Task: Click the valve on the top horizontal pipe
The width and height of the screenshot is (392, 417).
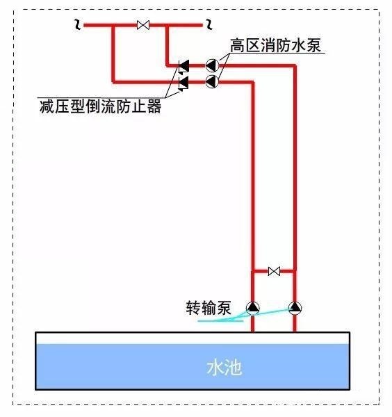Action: click(143, 25)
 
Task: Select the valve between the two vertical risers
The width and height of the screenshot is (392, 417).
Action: click(274, 271)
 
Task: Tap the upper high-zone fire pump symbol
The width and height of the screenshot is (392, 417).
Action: click(212, 65)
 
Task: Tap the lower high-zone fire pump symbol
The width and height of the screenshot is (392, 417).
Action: click(212, 81)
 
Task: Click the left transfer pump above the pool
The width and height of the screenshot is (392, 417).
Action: click(253, 308)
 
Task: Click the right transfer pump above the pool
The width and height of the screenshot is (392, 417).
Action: click(295, 308)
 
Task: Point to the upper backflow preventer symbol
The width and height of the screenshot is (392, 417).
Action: click(183, 67)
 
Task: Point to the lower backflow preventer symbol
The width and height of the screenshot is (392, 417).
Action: click(183, 83)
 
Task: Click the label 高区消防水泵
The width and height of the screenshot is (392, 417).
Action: click(275, 45)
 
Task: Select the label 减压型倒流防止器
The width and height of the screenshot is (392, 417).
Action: click(101, 106)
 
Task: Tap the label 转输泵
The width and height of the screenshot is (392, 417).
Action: click(209, 308)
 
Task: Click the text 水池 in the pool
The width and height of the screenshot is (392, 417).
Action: click(224, 368)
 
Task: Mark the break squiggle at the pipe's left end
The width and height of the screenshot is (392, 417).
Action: click(78, 24)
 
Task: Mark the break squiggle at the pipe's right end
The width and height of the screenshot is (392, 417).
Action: click(209, 24)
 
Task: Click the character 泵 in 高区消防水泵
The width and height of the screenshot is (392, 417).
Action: click(313, 45)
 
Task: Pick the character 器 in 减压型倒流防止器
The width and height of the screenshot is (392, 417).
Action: click(154, 106)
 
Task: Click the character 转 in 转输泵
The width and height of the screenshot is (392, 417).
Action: click(193, 308)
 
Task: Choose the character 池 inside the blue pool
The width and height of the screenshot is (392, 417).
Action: click(234, 368)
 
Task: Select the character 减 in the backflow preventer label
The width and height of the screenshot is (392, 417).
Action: click(47, 106)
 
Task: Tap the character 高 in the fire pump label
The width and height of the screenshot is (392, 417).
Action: click(238, 45)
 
